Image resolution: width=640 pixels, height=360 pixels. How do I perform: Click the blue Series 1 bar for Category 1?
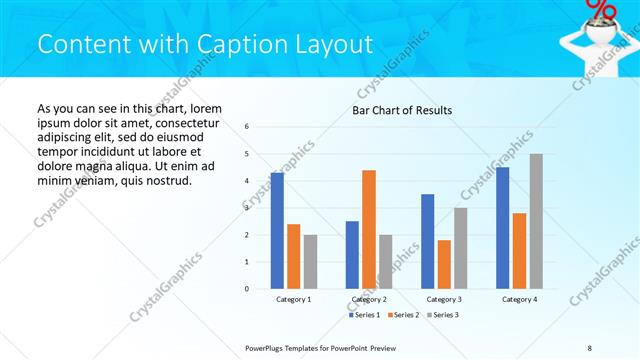point(277,231)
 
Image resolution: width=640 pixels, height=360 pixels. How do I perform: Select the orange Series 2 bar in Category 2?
point(369,229)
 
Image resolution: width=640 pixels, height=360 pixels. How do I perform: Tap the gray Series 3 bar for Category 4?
point(536,221)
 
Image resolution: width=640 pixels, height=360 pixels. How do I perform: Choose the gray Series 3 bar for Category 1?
point(310,262)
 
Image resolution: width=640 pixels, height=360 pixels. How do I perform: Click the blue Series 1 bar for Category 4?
point(503,228)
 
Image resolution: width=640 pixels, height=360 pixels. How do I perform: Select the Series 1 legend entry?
point(364,315)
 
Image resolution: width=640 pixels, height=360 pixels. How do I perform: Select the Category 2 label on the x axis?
point(369,299)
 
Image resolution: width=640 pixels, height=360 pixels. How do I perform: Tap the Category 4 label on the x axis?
point(519,299)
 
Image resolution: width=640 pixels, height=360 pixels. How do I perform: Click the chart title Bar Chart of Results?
point(402,110)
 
